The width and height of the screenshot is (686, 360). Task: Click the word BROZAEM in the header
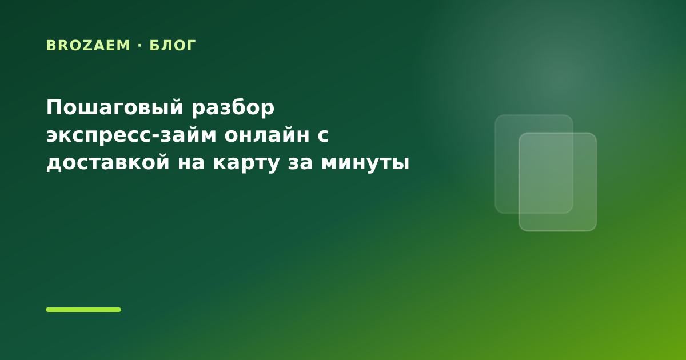88,45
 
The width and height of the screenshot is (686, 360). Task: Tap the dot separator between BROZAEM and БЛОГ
140,45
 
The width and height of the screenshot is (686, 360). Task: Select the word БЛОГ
173,45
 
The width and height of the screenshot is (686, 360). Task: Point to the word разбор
233,108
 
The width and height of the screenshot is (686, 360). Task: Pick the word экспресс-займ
131,135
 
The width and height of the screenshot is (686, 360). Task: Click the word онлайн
267,135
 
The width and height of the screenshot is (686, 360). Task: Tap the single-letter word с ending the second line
323,135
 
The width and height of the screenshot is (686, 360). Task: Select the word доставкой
108,162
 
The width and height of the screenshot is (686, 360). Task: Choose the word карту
246,164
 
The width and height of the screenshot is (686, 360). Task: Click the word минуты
365,164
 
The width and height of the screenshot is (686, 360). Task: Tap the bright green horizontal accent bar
83,310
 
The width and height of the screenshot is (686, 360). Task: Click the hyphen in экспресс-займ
155,135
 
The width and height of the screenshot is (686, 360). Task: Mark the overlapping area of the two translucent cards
546,173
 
